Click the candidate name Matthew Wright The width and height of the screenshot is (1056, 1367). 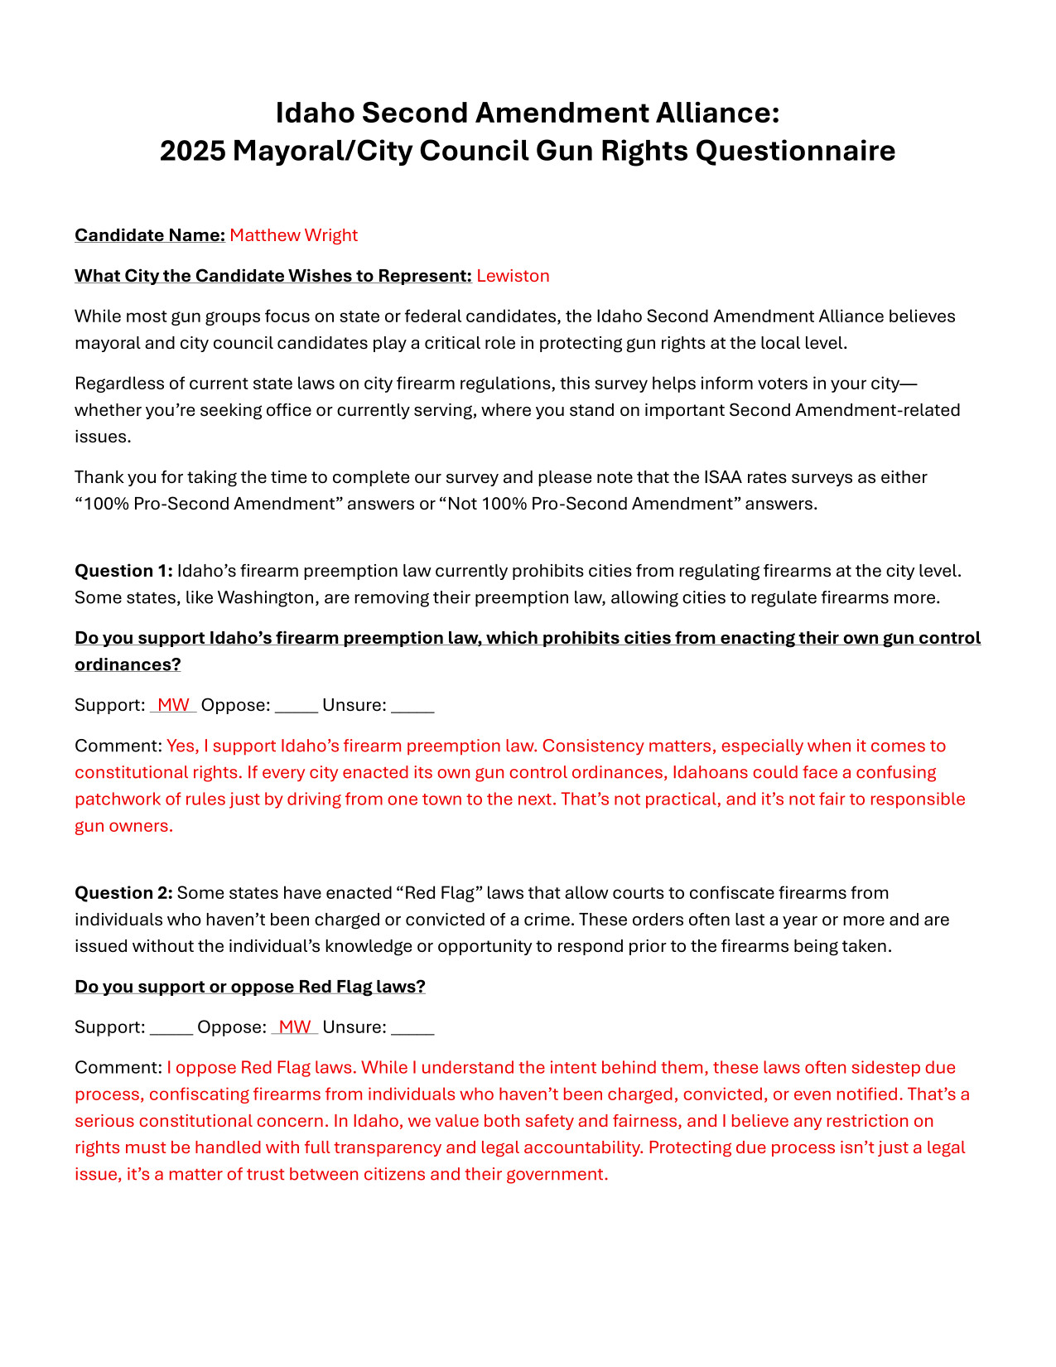pos(293,235)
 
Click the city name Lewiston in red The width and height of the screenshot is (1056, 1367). pos(513,276)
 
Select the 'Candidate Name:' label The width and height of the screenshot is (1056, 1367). pos(150,235)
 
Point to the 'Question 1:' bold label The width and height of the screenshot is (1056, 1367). pos(123,571)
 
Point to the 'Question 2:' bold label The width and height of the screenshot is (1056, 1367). pos(123,893)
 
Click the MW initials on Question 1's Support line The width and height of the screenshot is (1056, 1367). pos(173,705)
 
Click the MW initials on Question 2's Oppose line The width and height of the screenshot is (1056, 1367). pos(295,1027)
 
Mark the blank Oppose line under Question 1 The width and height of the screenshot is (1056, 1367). pos(297,707)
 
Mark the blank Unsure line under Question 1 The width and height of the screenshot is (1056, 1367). pos(412,707)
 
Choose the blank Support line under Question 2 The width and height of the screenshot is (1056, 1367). pos(171,1029)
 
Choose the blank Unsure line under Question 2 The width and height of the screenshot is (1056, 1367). pos(412,1029)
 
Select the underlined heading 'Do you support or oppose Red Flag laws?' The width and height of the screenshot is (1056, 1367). pos(250,987)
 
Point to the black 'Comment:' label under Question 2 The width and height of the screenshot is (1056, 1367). pos(118,1068)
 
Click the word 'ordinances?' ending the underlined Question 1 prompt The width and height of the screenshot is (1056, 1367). pos(128,665)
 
